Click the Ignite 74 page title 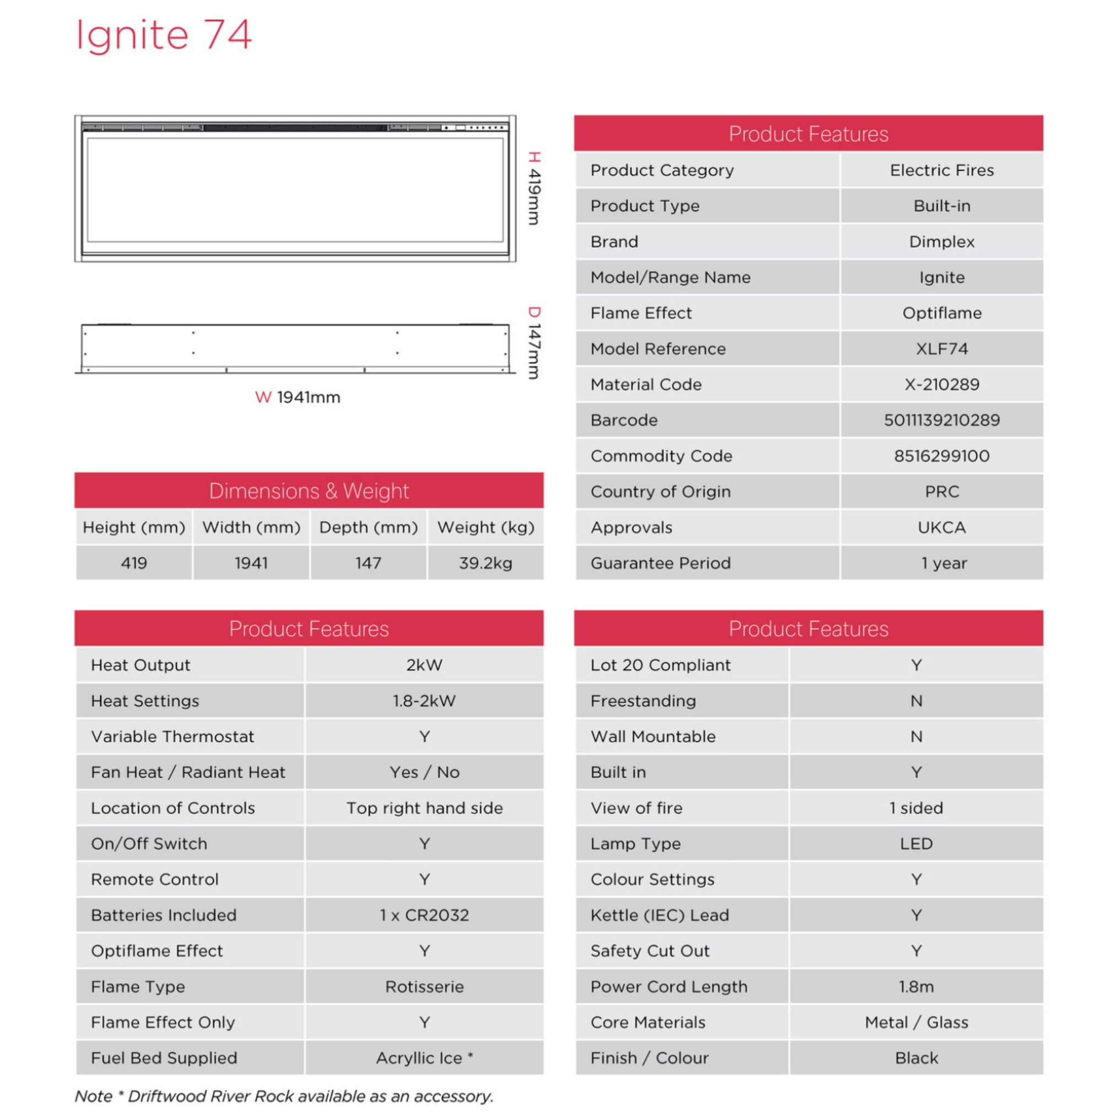[164, 35]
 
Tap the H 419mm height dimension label [535, 188]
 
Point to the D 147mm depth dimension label [535, 343]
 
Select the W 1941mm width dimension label [298, 397]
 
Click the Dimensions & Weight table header [309, 490]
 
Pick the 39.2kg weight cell [485, 563]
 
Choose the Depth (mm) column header [368, 527]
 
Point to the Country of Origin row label [660, 492]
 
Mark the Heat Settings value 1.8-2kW [424, 700]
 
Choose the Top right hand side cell [424, 808]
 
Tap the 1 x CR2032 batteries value [424, 915]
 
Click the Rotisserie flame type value [424, 986]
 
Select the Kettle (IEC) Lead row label [660, 915]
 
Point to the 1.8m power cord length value [916, 986]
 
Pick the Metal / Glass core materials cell [916, 1022]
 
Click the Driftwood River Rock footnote [284, 1096]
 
